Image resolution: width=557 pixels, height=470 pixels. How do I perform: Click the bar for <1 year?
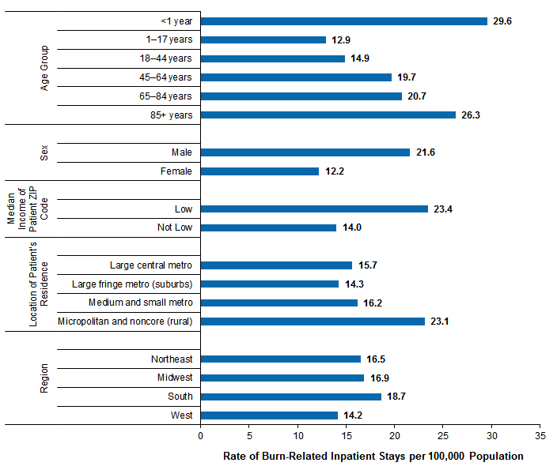(344, 21)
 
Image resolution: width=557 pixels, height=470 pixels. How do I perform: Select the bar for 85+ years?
(328, 115)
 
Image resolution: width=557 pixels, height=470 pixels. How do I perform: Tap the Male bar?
(305, 152)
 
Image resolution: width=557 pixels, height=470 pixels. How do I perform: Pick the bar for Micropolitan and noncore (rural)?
(313, 321)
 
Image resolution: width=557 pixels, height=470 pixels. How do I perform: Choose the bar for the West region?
(270, 415)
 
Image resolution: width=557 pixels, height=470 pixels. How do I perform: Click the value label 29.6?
(502, 21)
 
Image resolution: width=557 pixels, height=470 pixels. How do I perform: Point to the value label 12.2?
(334, 171)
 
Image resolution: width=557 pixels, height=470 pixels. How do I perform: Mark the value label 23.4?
(442, 209)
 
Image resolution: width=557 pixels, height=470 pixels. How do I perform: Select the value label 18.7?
(397, 397)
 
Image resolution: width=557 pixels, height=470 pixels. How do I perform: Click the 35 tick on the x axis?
(540, 435)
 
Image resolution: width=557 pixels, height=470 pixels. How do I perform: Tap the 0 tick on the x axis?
(201, 435)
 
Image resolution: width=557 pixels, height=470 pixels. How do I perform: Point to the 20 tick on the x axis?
(395, 435)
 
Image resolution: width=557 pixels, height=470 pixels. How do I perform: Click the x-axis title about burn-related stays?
(373, 456)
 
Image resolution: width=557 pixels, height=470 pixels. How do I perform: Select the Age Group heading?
(45, 68)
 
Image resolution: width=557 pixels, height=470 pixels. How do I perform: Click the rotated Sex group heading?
(45, 152)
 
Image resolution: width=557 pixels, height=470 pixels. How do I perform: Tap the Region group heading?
(45, 378)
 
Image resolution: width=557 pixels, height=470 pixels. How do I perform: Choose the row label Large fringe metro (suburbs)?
(132, 284)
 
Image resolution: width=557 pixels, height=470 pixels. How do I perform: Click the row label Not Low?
(174, 228)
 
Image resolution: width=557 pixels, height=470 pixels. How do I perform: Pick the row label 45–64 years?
(165, 77)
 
